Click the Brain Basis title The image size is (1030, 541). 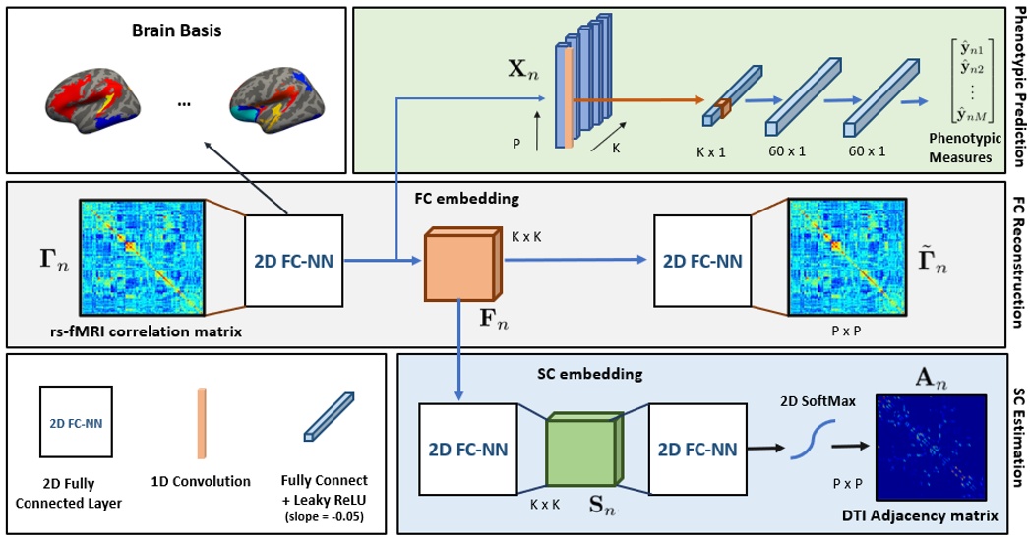coord(178,30)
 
